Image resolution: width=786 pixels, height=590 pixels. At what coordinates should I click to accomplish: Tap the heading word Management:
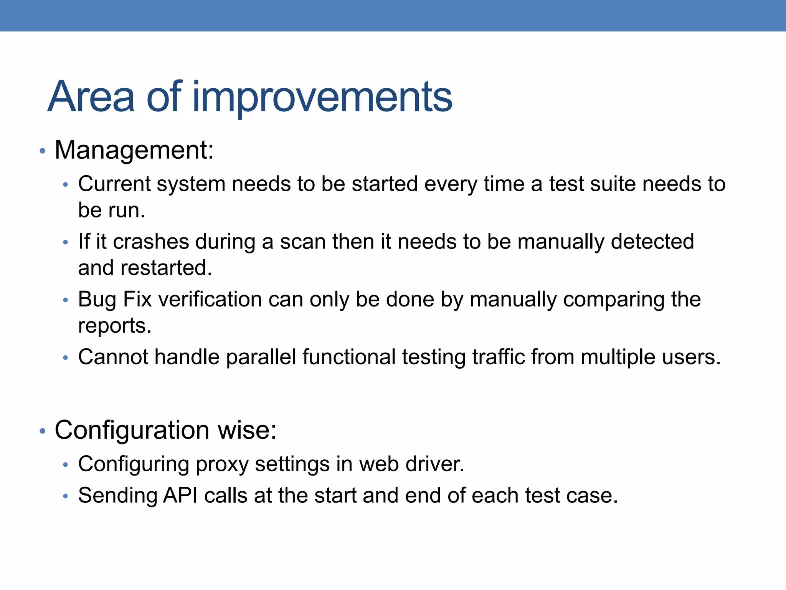(x=134, y=150)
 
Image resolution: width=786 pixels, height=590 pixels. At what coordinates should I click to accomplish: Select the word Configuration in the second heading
(x=132, y=430)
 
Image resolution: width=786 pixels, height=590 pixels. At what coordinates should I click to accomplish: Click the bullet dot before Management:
(x=43, y=151)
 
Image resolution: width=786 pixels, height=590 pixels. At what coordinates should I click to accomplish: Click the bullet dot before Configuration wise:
(x=43, y=431)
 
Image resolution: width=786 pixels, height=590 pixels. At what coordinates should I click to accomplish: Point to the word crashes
(x=151, y=242)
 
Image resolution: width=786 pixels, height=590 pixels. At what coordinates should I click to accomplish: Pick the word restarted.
(x=166, y=268)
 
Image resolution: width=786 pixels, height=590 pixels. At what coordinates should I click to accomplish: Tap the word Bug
(x=97, y=300)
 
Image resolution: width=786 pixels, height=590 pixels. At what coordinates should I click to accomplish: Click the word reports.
(x=114, y=326)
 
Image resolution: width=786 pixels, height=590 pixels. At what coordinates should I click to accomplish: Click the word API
(x=180, y=496)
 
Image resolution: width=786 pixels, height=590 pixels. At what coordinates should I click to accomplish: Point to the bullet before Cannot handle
(x=66, y=358)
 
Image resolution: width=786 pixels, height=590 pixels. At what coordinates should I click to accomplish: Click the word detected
(x=652, y=242)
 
